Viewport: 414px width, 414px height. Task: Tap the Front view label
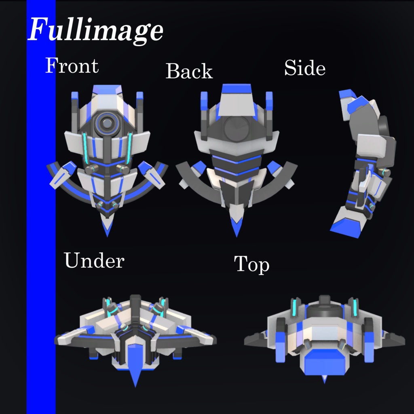click(x=72, y=66)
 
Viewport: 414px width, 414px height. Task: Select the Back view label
click(x=189, y=71)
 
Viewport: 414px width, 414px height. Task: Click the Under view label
click(x=94, y=261)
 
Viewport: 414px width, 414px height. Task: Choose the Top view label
click(x=251, y=265)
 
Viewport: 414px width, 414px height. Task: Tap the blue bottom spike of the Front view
click(x=107, y=228)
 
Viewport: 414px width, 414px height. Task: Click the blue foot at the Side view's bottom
click(x=346, y=228)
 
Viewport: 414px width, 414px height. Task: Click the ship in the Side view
click(x=364, y=162)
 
